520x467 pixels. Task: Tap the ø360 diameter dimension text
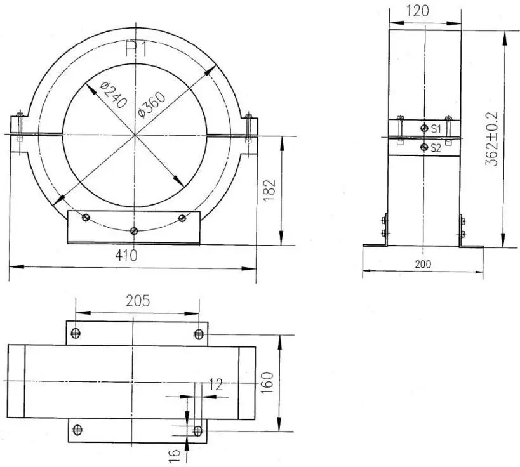tap(152, 104)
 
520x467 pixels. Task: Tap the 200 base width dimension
tap(423, 264)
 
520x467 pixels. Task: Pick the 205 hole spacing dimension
tap(138, 301)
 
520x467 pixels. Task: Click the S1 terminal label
tap(436, 129)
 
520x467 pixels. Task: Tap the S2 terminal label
tap(436, 148)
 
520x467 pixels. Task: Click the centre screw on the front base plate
tap(133, 230)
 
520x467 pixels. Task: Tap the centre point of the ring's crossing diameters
tap(135, 135)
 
